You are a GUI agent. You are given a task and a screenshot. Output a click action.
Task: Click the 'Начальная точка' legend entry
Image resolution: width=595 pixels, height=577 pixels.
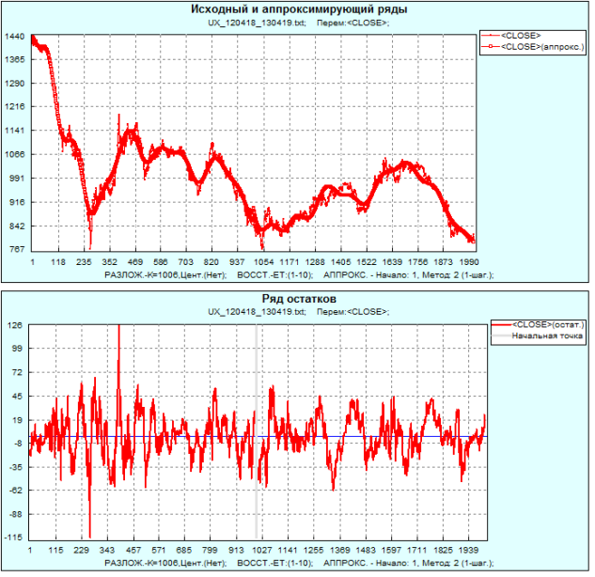[542, 335]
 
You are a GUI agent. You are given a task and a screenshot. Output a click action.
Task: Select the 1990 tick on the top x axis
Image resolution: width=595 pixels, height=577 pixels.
[470, 263]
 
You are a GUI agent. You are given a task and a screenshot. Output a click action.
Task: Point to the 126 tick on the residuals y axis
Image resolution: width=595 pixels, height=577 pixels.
[17, 325]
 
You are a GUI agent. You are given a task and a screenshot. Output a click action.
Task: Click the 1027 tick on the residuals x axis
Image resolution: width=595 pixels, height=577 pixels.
[260, 551]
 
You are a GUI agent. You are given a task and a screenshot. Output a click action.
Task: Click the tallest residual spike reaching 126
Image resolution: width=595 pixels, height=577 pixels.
[119, 329]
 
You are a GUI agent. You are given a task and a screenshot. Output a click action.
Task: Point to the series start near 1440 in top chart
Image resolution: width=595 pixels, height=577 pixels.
[33, 38]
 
